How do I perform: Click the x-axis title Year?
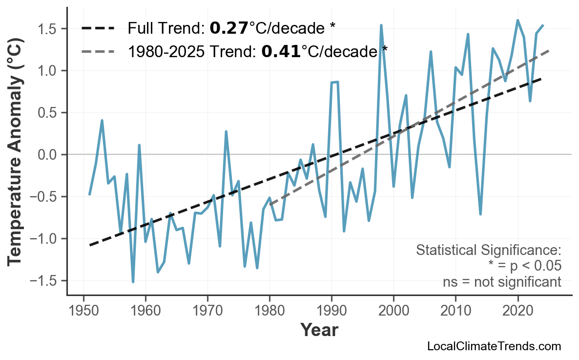[x=319, y=330]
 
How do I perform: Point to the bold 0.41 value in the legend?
[x=281, y=51]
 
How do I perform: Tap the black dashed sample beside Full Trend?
[x=98, y=28]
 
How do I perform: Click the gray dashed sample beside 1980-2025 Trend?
[x=98, y=51]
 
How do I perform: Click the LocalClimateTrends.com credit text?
[x=494, y=346]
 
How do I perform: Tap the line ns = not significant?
[x=502, y=282]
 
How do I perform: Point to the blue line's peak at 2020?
[x=517, y=21]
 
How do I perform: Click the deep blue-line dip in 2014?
[x=480, y=214]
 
